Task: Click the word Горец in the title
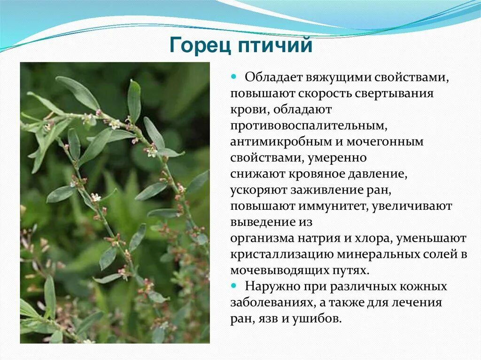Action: [201, 46]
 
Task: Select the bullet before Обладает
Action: [233, 77]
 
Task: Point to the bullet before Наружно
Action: [233, 285]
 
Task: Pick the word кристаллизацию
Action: [281, 254]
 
